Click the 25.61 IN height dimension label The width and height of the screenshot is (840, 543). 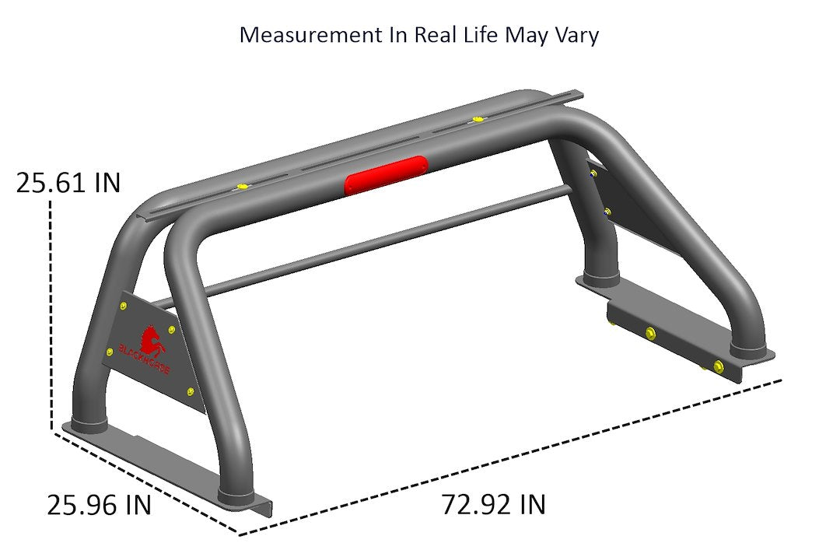[x=68, y=184]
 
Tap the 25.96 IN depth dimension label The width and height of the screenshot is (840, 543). [x=99, y=506]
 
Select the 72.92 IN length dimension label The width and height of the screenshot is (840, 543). [x=493, y=505]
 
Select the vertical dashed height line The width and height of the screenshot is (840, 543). [x=51, y=311]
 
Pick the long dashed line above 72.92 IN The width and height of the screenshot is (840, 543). [x=513, y=457]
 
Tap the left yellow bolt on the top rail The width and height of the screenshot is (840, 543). [x=243, y=187]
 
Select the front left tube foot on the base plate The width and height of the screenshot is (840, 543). [x=236, y=493]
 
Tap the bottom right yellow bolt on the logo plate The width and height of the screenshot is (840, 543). [x=191, y=391]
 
